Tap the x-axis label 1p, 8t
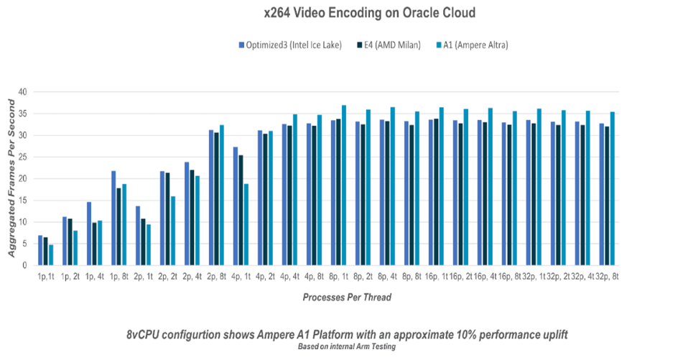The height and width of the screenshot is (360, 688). [x=119, y=276]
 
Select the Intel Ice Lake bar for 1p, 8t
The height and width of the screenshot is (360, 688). [x=113, y=218]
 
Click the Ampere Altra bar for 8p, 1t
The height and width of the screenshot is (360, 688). [x=344, y=185]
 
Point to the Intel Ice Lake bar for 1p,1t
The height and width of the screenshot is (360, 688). [x=40, y=250]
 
